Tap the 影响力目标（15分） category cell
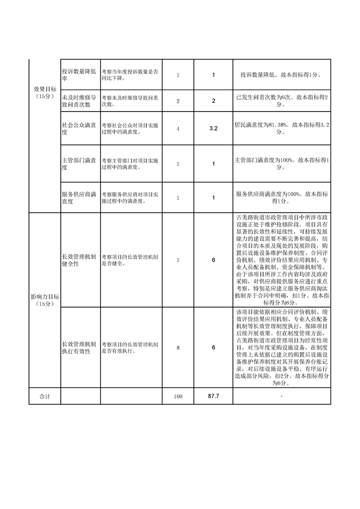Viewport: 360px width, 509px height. [x=44, y=300]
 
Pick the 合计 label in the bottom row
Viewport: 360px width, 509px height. [x=44, y=396]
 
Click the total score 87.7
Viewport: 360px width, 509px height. [x=213, y=396]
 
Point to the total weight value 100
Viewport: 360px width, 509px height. [x=178, y=396]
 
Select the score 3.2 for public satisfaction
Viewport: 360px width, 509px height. [x=213, y=129]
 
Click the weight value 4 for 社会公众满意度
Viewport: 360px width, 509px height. [x=178, y=129]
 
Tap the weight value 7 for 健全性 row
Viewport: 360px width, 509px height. [x=178, y=260]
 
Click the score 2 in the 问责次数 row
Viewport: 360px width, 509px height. [x=213, y=101]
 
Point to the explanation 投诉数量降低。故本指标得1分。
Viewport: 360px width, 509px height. [x=281, y=74]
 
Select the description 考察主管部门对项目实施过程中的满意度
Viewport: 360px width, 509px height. [x=130, y=164]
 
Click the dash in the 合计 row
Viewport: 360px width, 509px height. [x=281, y=396]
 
